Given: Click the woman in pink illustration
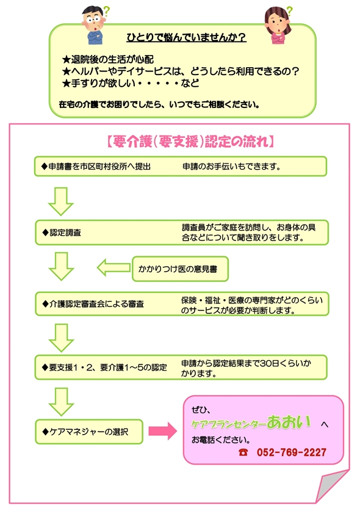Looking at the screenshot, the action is (278, 26).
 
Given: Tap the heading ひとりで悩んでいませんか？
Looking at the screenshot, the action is (186, 37).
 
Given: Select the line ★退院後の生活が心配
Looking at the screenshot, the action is (108, 59).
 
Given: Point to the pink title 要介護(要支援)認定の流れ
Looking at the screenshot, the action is (190, 142).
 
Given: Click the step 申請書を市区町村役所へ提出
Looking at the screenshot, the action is (96, 167).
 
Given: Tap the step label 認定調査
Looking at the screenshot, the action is (62, 233).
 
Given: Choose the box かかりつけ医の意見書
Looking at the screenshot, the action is (181, 269).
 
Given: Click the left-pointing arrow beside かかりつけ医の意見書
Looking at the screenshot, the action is (113, 267).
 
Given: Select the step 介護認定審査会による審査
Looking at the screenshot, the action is (93, 304).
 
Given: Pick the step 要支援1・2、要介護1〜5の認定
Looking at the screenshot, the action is (104, 367).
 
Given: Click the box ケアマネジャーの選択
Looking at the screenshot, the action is (89, 432).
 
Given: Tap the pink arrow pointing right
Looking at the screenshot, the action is (163, 430).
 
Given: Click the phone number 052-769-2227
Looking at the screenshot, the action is (292, 452).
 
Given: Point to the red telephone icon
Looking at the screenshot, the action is (243, 452).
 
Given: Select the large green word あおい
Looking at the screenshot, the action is (289, 422).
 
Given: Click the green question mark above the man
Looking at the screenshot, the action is (106, 12).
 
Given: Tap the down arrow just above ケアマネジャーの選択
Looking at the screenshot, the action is (61, 402).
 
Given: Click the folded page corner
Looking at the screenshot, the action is (331, 485).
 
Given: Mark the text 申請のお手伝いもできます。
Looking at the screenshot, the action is (232, 167).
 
